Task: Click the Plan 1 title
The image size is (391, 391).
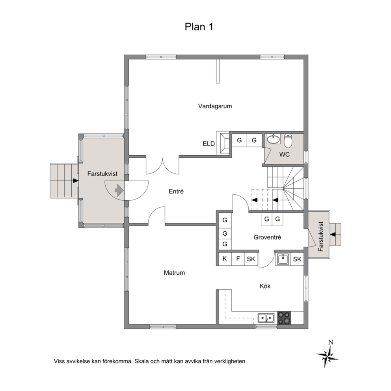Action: pos(199,27)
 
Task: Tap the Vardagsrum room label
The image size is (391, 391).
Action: pos(215,106)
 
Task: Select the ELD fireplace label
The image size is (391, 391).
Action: pos(209,143)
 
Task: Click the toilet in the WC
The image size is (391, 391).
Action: pos(288,141)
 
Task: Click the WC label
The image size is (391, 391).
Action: pos(284,155)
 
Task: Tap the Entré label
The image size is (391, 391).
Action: pos(176,191)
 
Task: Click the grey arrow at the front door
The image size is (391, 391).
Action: pos(119,190)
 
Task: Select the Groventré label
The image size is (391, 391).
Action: pos(267,237)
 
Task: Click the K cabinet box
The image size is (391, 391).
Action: pos(225,259)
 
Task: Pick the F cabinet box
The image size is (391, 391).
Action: pos(238,259)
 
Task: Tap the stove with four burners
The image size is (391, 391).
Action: pos(284,318)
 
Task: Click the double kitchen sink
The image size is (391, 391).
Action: pos(266,318)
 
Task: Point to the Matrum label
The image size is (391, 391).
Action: pos(174,272)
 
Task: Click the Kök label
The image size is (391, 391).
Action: pos(265,286)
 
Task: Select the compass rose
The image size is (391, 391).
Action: pos(328,356)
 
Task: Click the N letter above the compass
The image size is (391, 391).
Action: pos(331,342)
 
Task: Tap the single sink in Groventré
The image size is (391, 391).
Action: pos(283,259)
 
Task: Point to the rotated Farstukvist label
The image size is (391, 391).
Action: pos(321,236)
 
